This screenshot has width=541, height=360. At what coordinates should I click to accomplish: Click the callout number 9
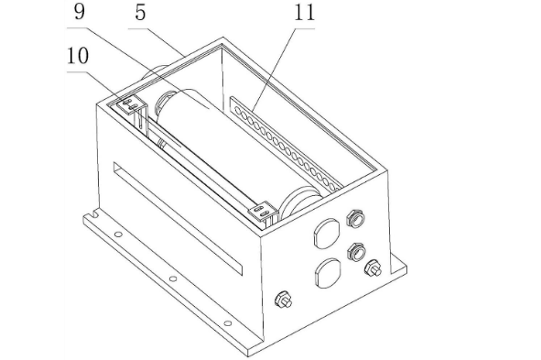80,12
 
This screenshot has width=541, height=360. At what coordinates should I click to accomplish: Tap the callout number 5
140,13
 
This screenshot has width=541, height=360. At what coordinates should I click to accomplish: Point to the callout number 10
78,56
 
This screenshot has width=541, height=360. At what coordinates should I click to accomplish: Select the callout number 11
304,13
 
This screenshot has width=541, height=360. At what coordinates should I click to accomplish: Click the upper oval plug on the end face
327,233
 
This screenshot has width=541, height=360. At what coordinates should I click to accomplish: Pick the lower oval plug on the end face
328,273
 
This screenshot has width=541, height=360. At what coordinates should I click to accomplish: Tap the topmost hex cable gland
356,218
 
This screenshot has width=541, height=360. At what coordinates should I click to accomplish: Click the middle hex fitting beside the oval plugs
356,252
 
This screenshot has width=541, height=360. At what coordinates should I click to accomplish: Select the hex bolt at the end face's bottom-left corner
283,300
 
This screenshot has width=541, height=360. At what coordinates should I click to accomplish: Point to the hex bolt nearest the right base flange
373,267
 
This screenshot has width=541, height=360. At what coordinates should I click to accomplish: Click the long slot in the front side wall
178,218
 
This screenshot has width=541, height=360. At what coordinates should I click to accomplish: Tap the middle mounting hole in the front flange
173,278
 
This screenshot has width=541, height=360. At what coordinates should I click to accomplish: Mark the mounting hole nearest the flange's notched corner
118,235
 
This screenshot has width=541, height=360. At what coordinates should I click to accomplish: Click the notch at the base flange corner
93,215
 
